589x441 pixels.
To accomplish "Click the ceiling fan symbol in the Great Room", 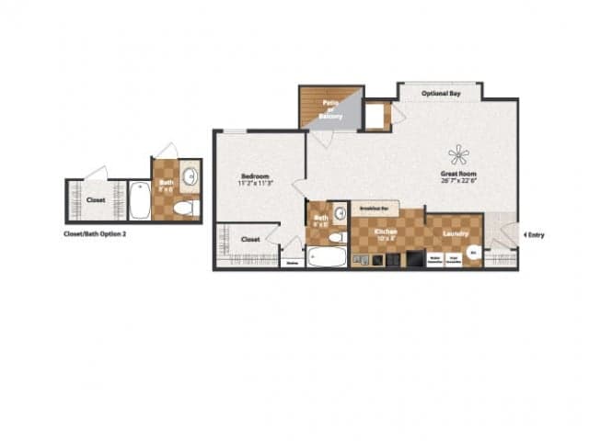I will click(x=457, y=154).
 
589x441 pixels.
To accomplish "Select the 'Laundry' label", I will click(x=454, y=232).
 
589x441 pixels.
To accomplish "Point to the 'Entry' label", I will click(x=535, y=235).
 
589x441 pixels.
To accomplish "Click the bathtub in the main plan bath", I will click(x=327, y=255).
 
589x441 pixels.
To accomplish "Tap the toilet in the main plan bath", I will click(x=337, y=237).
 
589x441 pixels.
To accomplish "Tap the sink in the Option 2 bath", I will click(x=191, y=175).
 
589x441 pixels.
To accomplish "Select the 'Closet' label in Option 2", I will click(x=96, y=199).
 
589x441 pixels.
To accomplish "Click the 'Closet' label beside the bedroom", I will click(x=250, y=239).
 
